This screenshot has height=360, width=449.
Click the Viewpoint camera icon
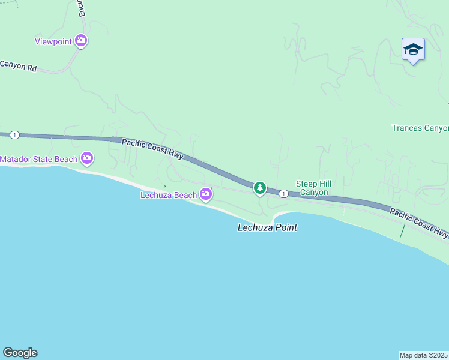point(81,41)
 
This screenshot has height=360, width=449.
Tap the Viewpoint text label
point(53,41)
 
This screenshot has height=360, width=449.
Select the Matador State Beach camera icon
point(87,158)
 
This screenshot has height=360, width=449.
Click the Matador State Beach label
point(39,159)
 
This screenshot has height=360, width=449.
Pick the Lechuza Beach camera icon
point(206,194)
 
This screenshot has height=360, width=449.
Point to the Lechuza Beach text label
point(169,195)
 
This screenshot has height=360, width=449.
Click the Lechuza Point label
point(267,227)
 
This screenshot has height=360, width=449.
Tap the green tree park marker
point(259,188)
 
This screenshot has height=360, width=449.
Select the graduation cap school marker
point(413,49)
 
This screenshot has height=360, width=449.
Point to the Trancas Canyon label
point(420,128)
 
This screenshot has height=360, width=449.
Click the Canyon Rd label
point(18,65)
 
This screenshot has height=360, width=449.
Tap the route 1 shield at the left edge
point(14,135)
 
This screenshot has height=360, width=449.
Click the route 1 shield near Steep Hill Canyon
point(283,194)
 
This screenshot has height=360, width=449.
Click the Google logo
point(20,353)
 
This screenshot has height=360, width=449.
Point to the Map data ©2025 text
point(424,355)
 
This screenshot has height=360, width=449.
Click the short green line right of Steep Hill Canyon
point(402,231)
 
